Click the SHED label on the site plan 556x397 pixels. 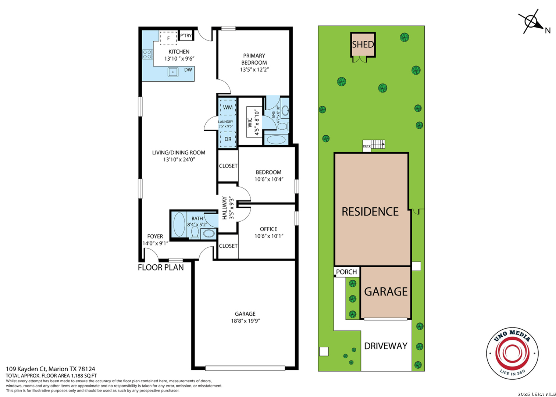click(363, 44)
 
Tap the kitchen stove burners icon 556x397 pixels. click(147, 54)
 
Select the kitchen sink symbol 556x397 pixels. click(173, 72)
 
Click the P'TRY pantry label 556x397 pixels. click(186, 36)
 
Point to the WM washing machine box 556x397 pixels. click(228, 107)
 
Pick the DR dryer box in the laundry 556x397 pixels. click(228, 139)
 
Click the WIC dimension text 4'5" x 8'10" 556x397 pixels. click(257, 123)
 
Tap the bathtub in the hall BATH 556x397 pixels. click(178, 225)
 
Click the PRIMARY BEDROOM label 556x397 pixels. click(254, 59)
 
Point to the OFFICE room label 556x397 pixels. click(268, 229)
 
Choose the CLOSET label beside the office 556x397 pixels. click(228, 246)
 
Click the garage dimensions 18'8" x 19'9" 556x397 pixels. click(246, 321)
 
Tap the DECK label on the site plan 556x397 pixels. click(367, 146)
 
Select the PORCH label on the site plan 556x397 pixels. click(346, 272)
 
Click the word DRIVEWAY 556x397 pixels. click(386, 346)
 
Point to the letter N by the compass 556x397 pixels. click(548, 31)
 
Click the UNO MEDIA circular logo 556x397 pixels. click(512, 353)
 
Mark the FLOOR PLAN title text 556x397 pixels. click(161, 268)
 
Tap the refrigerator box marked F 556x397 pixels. click(168, 38)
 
